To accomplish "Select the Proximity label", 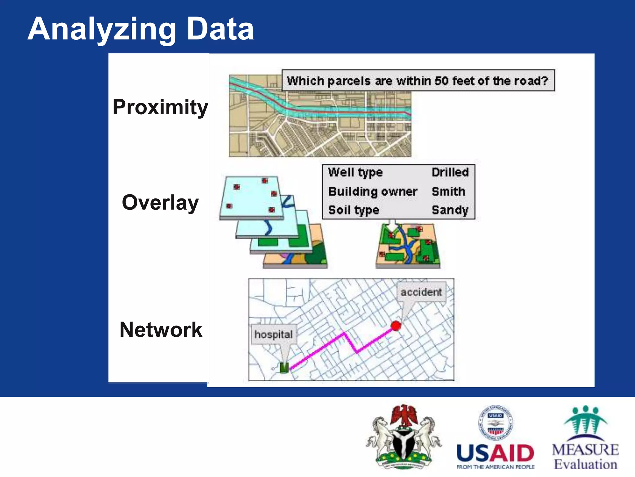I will [160, 107].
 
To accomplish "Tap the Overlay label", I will [160, 202].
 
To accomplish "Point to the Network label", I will [161, 329].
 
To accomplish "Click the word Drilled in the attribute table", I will [450, 172].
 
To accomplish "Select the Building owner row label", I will [373, 192].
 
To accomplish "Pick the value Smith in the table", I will [448, 192].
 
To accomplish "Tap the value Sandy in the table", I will [450, 210].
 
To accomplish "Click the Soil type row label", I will [353, 210].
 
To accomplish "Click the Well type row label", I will [355, 172].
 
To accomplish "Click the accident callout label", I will [421, 292].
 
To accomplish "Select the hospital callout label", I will [273, 334].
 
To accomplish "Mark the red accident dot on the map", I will [396, 326].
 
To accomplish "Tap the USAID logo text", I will [495, 453].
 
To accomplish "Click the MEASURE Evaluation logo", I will [585, 438].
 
